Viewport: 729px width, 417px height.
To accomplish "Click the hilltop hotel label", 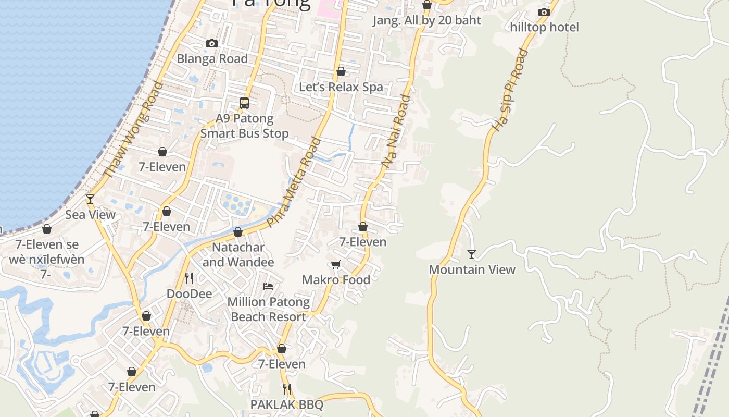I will [x=544, y=27].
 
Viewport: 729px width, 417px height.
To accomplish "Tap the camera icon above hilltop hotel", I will [x=544, y=12].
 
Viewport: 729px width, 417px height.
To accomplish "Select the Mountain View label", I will [x=472, y=269].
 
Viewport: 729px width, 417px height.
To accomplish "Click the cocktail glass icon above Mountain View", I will [x=472, y=254].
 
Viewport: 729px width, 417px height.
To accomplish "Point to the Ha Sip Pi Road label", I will [x=509, y=90].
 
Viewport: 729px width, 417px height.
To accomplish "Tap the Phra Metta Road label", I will [x=293, y=182].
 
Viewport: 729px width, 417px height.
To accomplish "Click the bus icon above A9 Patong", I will [x=244, y=103].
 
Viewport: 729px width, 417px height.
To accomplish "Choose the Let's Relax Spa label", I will [x=341, y=87].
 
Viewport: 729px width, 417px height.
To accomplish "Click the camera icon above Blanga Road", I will [x=211, y=43].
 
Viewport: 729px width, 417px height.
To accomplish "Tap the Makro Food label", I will [x=336, y=280].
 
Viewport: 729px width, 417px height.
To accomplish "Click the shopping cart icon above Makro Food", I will [x=336, y=264].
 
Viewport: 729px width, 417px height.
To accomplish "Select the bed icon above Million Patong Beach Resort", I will [x=268, y=286].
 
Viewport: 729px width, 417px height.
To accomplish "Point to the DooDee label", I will [x=189, y=294].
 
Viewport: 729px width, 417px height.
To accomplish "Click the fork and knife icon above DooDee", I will [x=189, y=278].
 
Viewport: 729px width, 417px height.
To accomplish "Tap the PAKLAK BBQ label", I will [x=287, y=404].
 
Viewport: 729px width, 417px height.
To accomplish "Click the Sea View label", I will [x=90, y=214].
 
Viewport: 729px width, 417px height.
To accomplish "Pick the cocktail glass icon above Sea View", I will [x=90, y=199].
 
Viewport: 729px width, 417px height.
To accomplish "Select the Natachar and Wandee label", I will [x=238, y=254].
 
